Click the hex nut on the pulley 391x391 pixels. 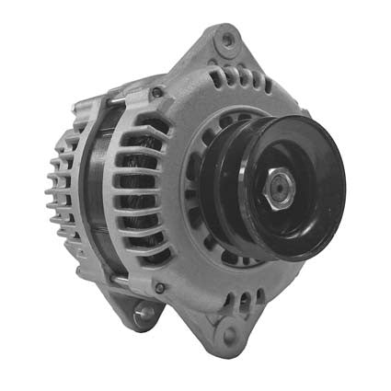276,190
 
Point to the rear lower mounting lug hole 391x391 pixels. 144,316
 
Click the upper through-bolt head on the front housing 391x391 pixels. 157,92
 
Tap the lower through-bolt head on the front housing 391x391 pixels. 159,288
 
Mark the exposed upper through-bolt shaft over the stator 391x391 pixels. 129,92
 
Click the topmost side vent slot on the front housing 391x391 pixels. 138,121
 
